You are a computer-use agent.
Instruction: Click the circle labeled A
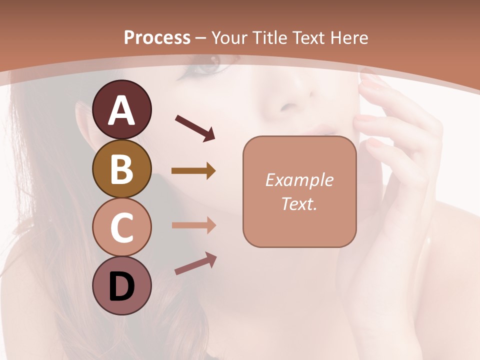121,109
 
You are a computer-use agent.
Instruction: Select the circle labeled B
121,168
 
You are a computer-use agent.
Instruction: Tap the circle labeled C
121,227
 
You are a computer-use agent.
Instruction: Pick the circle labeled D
121,286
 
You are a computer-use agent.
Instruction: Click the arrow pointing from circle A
195,127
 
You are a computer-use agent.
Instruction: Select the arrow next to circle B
193,171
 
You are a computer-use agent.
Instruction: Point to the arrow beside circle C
193,225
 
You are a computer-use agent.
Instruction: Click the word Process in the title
157,37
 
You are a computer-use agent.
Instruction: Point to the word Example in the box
299,180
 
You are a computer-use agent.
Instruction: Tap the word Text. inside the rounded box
299,203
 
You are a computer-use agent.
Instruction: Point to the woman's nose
292,102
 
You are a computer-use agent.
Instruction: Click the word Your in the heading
229,37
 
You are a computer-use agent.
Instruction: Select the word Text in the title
307,37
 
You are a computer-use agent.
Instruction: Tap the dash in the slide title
201,38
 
